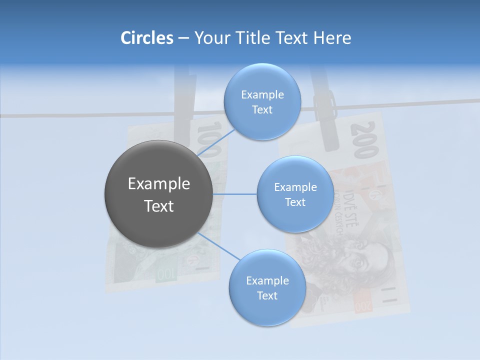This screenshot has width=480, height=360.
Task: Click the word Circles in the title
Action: coord(146,37)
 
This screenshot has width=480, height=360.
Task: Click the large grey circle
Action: coord(158,194)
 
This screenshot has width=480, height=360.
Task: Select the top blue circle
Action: coord(262,101)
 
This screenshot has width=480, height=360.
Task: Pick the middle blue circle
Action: coord(295,194)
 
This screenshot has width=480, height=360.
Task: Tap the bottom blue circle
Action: coord(267,287)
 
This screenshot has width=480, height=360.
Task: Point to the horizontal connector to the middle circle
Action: coord(234,194)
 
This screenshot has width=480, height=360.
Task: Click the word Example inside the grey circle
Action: coord(158,183)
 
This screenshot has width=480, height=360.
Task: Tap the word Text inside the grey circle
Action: coord(158,206)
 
